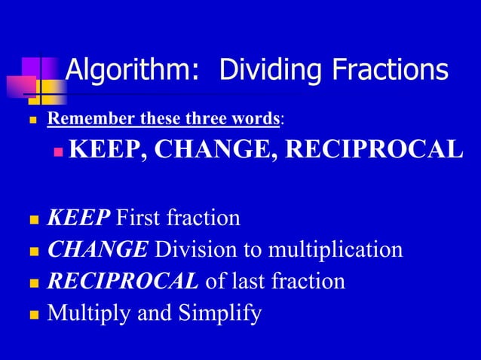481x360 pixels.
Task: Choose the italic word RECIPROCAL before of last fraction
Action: pos(124,281)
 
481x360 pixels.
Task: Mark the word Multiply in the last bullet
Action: pos(86,313)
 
